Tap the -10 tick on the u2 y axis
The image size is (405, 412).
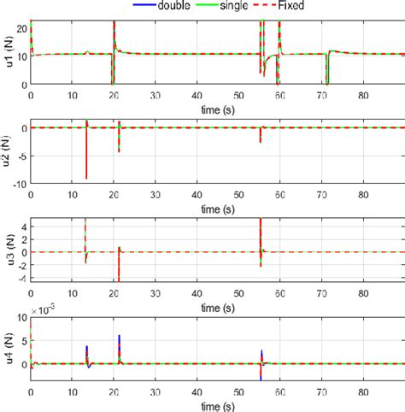19,183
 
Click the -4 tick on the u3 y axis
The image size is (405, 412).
21,278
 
